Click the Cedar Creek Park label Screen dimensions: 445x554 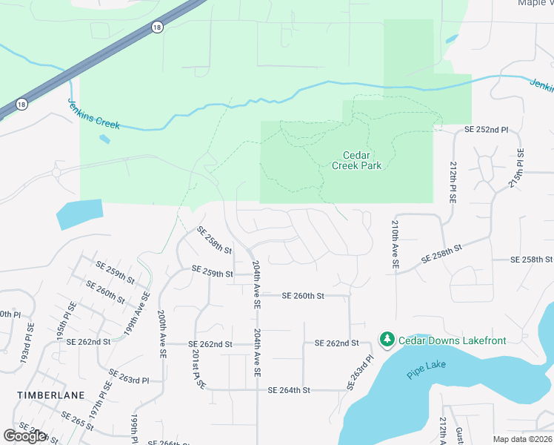[361, 160]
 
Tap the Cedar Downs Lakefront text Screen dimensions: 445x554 [452, 340]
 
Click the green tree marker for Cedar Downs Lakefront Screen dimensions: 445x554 [387, 340]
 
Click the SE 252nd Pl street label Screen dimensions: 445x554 [486, 130]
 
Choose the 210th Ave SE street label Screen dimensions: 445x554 [396, 243]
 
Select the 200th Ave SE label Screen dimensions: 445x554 [161, 334]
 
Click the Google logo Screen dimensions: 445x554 [25, 437]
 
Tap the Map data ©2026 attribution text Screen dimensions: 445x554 [522, 439]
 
